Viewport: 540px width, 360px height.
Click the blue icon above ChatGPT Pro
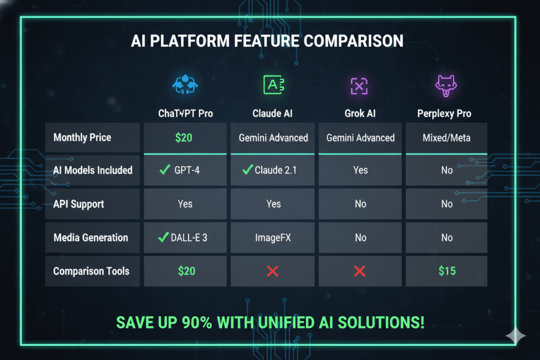pos(185,85)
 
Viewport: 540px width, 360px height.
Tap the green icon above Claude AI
pos(273,85)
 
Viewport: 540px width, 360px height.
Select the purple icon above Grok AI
pos(360,85)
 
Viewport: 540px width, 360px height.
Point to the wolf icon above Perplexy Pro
pos(446,85)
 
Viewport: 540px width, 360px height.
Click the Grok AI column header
pos(360,113)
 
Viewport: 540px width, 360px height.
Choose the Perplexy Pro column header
pos(446,113)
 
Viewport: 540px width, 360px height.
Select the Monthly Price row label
pos(82,138)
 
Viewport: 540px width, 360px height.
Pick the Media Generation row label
pos(91,238)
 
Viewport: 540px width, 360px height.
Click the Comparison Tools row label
pos(91,271)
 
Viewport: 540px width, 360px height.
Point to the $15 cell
pos(446,271)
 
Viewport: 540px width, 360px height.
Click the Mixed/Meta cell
pos(446,138)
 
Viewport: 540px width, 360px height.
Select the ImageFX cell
pos(273,238)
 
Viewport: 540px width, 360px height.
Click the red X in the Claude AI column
pos(273,271)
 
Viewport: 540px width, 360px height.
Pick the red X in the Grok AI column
pos(360,271)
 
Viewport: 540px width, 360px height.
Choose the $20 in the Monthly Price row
pos(185,138)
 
